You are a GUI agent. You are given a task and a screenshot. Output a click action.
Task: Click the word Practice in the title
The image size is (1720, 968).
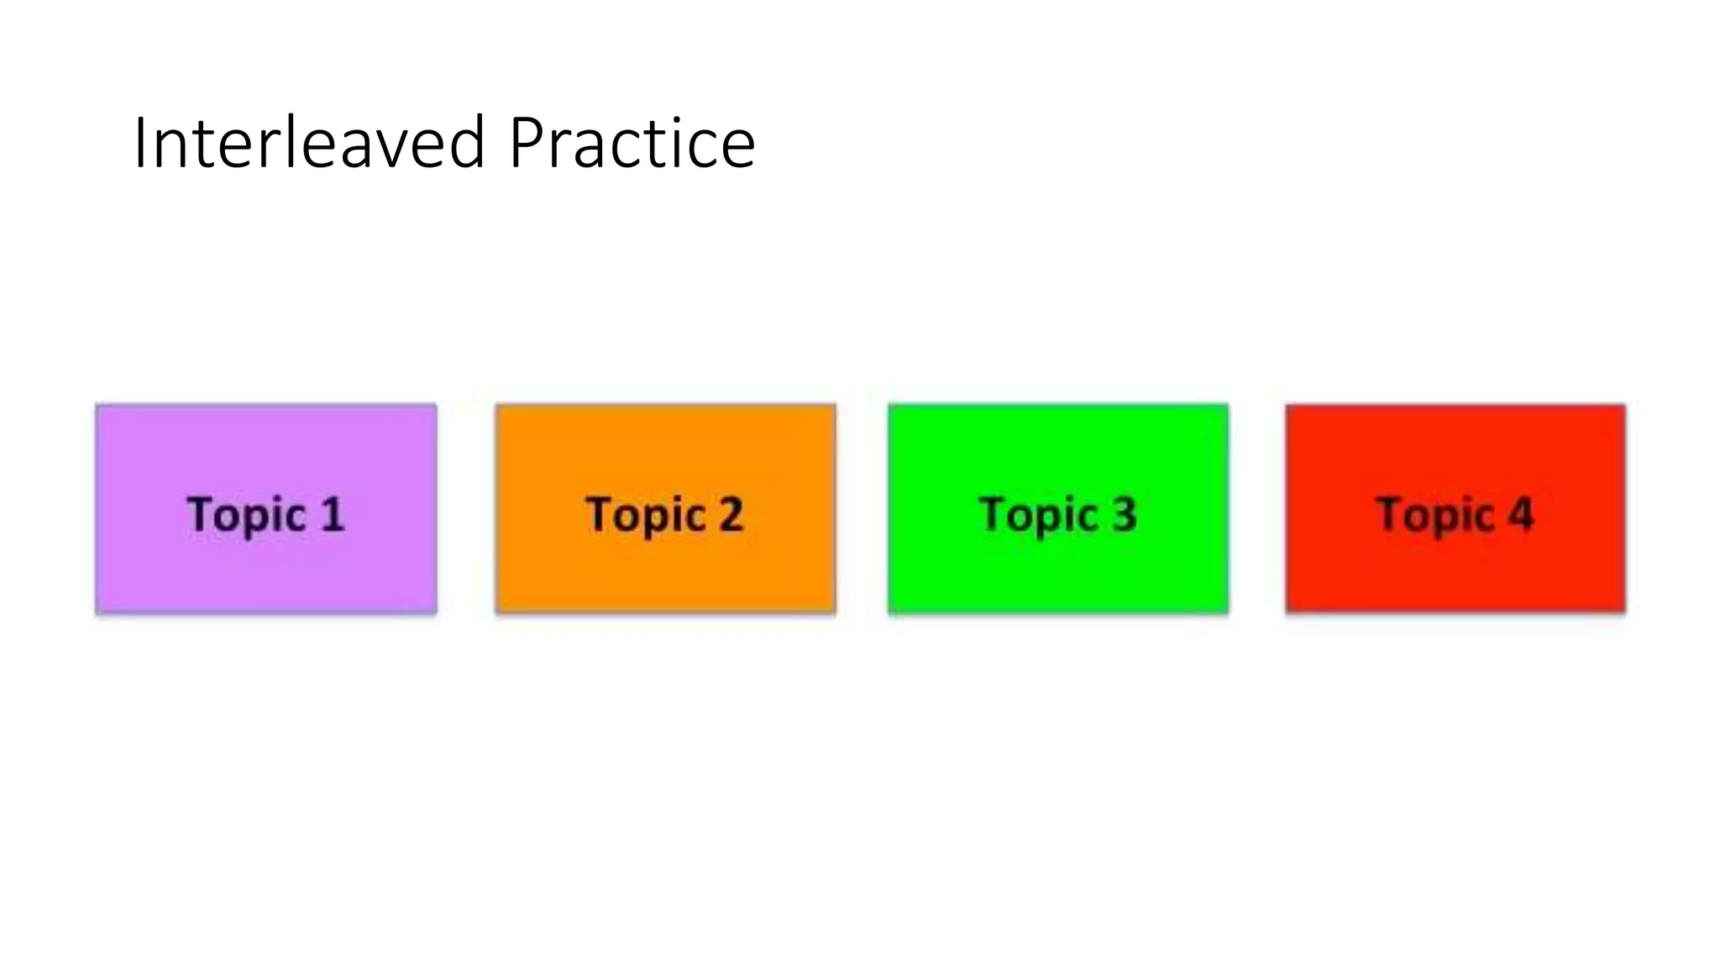(x=632, y=143)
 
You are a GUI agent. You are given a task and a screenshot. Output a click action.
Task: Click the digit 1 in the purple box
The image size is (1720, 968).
(x=333, y=514)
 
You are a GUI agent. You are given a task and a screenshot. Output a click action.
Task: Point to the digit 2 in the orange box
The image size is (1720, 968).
(x=731, y=514)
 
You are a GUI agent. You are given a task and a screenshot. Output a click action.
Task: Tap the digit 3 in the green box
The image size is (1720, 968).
(x=1125, y=514)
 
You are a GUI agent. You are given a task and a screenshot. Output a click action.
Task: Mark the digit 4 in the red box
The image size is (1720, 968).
(x=1521, y=514)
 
